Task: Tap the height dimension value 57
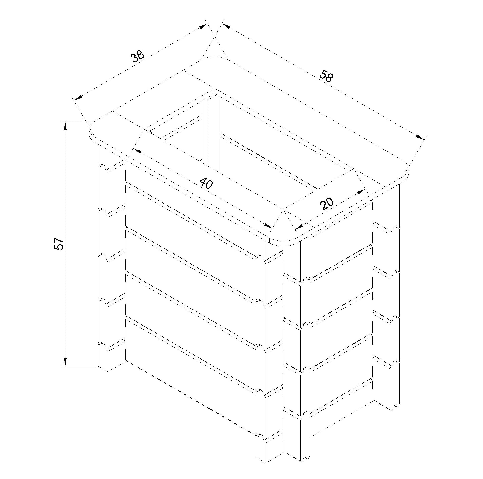pos(60,243)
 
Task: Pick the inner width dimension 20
pos(327,203)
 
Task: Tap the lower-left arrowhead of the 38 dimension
pos(78,98)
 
